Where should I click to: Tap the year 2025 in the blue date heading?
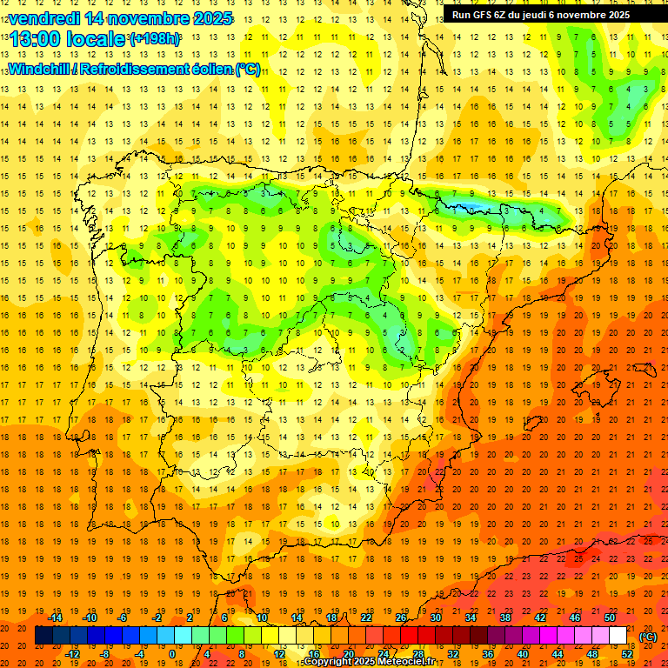pyautogui.click(x=210, y=18)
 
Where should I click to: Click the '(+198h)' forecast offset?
pyautogui.click(x=155, y=39)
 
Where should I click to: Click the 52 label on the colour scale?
pyautogui.click(x=626, y=654)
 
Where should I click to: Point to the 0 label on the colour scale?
pyautogui.click(x=172, y=654)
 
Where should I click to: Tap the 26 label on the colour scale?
pyautogui.click(x=401, y=618)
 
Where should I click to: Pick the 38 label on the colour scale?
pyautogui.click(x=505, y=618)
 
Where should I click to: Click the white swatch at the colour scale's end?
pyautogui.click(x=618, y=636)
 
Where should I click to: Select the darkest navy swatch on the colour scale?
pyautogui.click(x=43, y=636)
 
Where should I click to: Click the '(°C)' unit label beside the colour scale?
pyautogui.click(x=648, y=637)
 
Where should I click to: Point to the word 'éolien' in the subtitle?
pyautogui.click(x=212, y=69)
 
